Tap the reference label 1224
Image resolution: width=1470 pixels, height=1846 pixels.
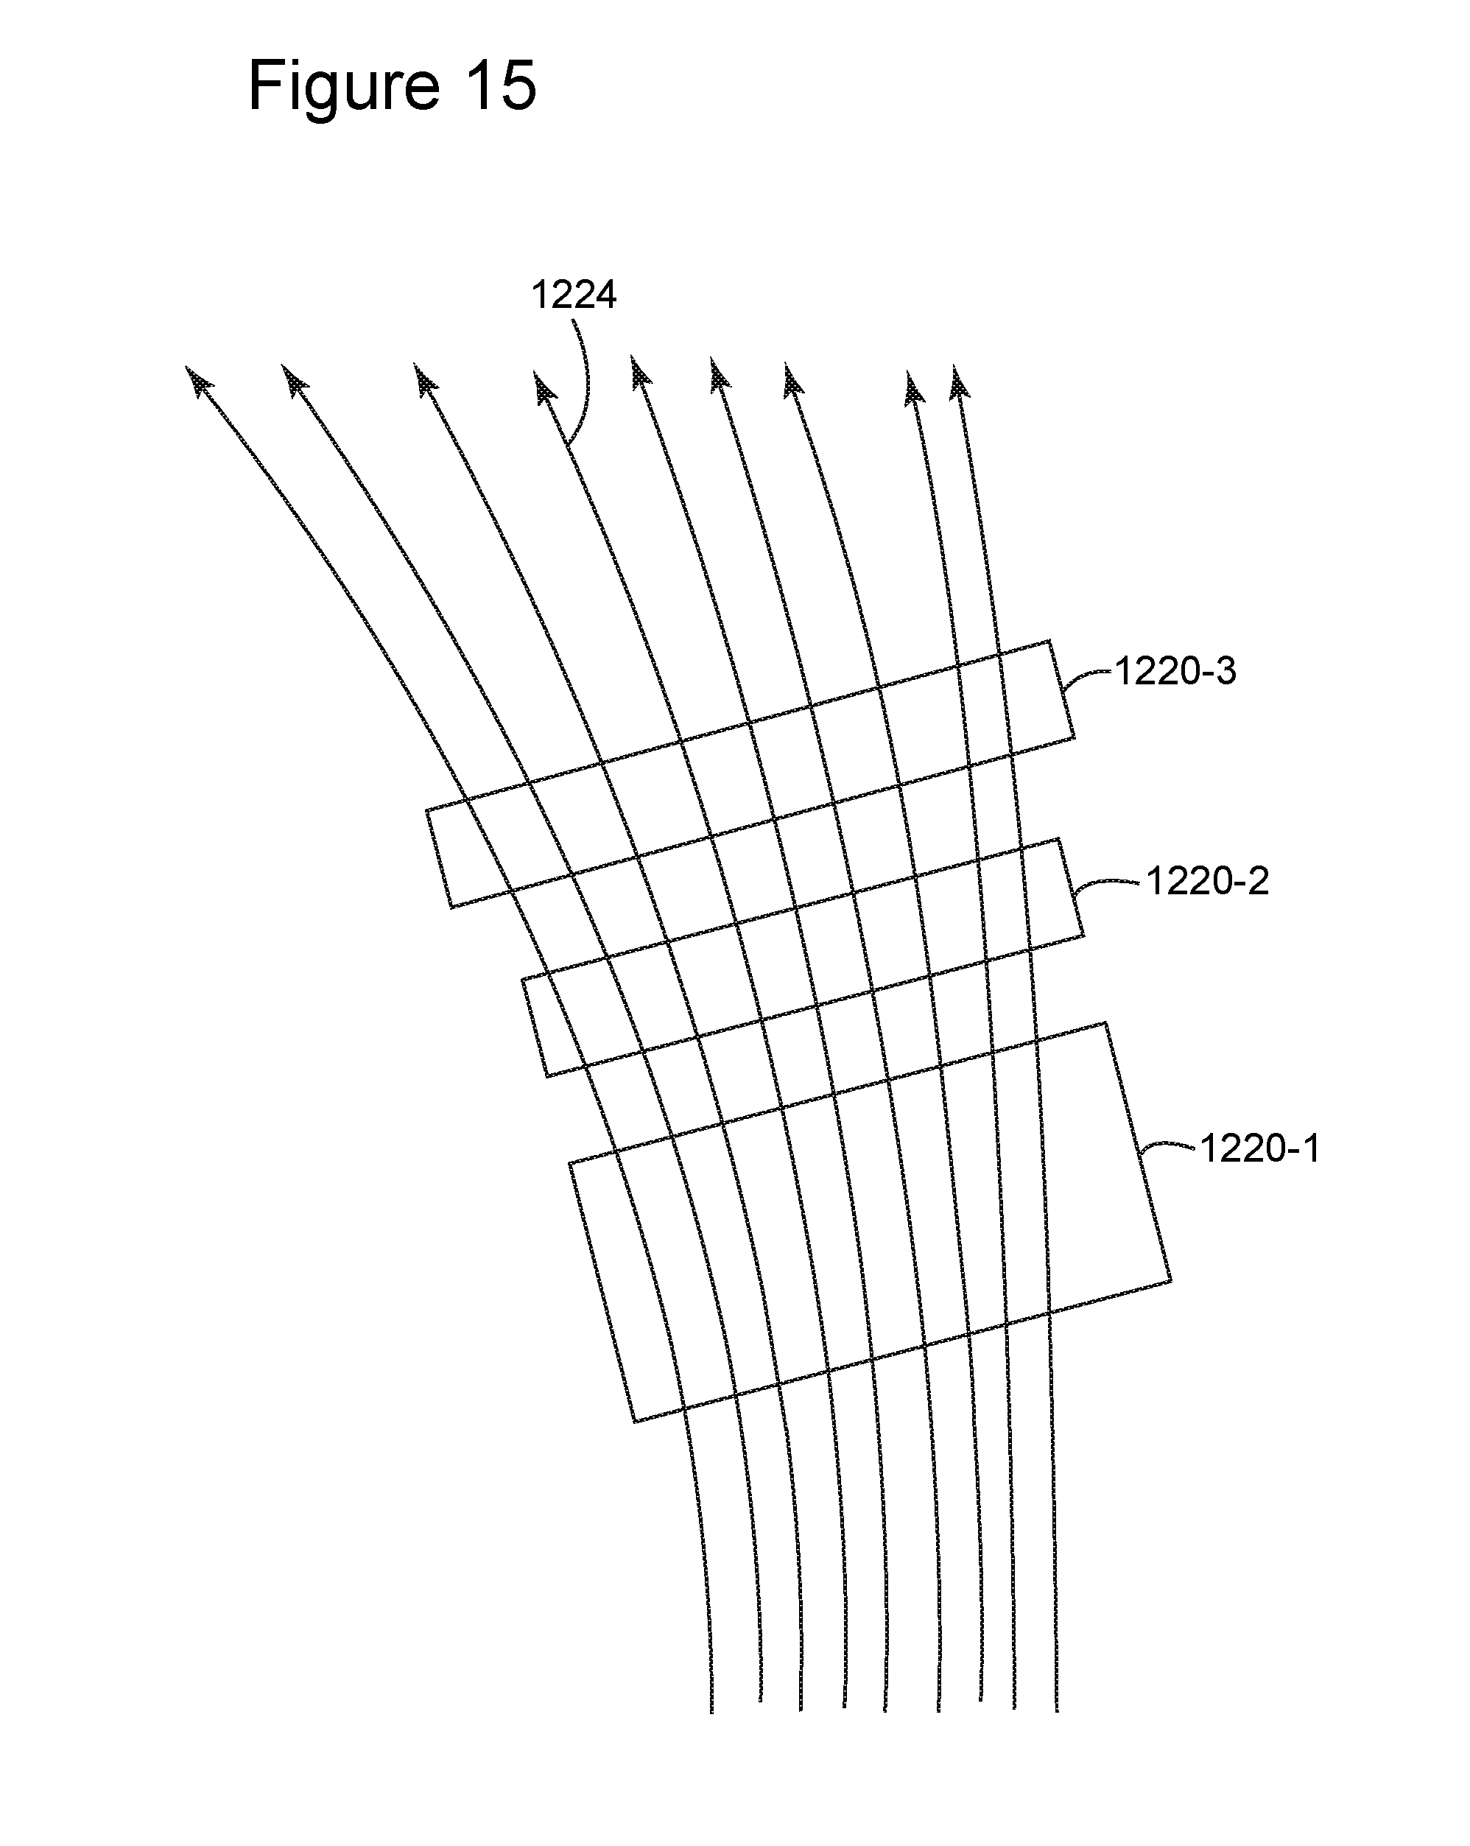574,295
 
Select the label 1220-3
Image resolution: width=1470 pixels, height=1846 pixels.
1175,672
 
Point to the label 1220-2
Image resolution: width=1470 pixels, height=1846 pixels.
1207,881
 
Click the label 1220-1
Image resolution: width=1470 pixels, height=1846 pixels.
1259,1148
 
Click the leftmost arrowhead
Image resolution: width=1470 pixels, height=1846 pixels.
198,381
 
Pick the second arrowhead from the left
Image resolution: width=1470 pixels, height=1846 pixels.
294,380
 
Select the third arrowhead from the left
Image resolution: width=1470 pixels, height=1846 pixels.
425,380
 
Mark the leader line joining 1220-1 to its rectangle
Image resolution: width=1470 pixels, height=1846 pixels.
1167,1145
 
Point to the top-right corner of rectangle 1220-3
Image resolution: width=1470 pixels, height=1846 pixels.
1049,640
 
